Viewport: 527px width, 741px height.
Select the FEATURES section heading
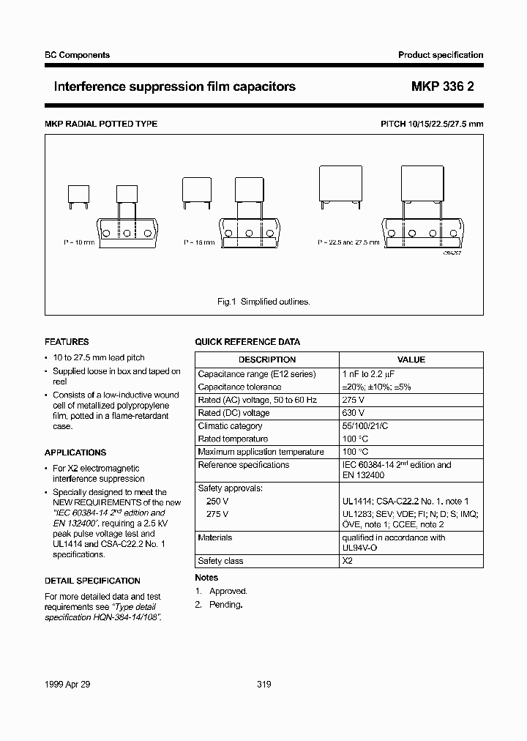pos(67,342)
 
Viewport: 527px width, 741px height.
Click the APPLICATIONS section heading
pos(75,453)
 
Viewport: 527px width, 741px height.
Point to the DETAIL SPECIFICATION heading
pos(92,581)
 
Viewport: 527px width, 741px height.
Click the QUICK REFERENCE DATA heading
pos(247,342)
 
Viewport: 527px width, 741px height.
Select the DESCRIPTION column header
pos(267,360)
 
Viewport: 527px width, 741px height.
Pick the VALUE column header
pos(411,360)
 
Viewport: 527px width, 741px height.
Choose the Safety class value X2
pos(347,561)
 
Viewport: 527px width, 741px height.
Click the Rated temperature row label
pos(233,439)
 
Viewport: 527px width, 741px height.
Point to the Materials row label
pos(215,537)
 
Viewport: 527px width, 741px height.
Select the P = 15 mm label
pos(198,242)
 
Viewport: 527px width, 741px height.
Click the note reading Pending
pos(225,605)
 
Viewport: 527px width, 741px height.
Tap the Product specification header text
pos(441,55)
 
